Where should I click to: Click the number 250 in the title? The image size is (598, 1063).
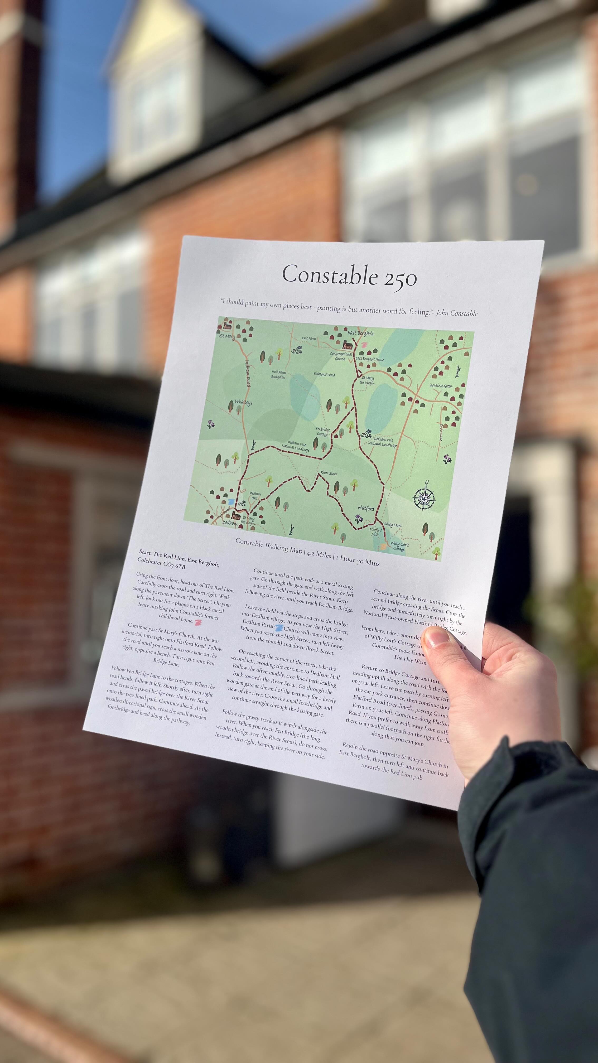(399, 279)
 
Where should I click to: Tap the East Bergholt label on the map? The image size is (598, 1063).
(360, 333)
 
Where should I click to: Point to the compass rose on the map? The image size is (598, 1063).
(425, 498)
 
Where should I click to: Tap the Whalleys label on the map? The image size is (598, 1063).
(243, 402)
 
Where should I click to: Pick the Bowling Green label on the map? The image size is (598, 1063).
(441, 385)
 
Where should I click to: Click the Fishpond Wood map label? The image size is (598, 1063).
(324, 375)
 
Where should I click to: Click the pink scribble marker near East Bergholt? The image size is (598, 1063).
(364, 343)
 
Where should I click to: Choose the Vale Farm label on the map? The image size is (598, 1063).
(309, 338)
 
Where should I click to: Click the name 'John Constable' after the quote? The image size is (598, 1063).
(457, 313)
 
